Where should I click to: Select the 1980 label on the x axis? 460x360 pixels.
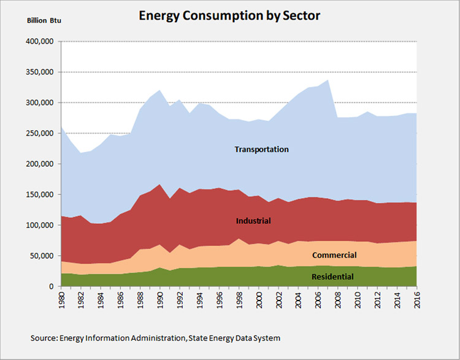(62, 299)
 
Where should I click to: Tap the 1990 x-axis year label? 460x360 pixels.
(160, 299)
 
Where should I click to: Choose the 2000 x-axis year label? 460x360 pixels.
(259, 299)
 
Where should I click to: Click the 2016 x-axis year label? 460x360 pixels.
(416, 299)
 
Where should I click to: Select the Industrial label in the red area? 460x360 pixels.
(253, 220)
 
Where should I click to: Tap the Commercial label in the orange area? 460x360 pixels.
(334, 255)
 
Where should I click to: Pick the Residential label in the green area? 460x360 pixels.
(332, 277)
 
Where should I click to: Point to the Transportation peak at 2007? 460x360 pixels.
(328, 80)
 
